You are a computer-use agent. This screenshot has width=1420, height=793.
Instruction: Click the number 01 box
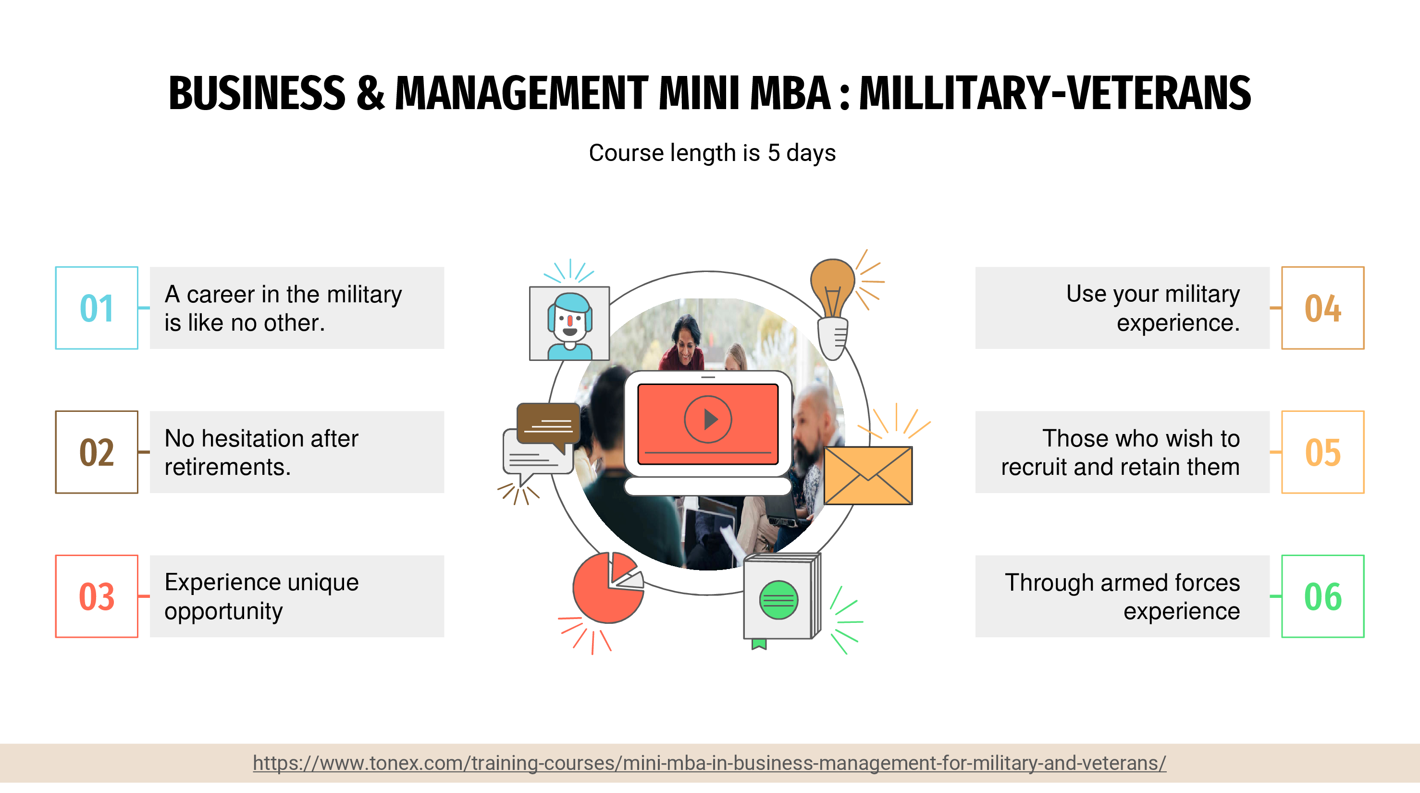pyautogui.click(x=97, y=308)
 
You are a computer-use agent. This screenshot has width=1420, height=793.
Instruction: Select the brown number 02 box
pyautogui.click(x=97, y=452)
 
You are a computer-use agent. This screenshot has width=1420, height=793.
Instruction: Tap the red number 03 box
pyautogui.click(x=97, y=596)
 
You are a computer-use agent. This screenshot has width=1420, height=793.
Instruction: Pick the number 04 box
pyautogui.click(x=1322, y=308)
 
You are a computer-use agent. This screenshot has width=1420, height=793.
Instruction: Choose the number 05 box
pyautogui.click(x=1322, y=452)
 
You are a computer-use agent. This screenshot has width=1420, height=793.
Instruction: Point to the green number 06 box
pyautogui.click(x=1322, y=596)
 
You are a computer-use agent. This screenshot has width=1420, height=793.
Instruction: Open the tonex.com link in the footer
pyautogui.click(x=709, y=763)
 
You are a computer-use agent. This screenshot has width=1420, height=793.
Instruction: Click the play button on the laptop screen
pyautogui.click(x=708, y=420)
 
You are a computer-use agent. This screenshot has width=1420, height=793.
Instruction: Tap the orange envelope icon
pyautogui.click(x=868, y=475)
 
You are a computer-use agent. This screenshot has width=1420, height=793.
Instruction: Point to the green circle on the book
pyautogui.click(x=778, y=600)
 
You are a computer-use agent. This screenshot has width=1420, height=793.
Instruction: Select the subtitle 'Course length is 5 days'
pyautogui.click(x=712, y=153)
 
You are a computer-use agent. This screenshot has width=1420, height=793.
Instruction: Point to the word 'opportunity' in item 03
pyautogui.click(x=223, y=611)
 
